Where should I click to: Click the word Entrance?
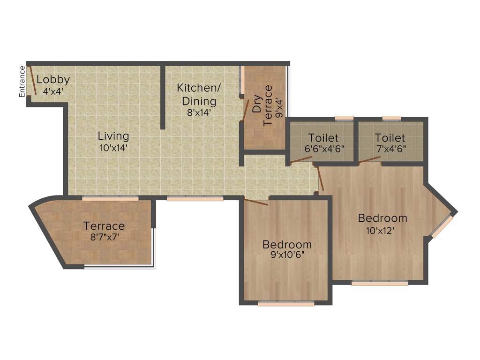coord(22,82)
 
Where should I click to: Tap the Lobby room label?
coord(53,80)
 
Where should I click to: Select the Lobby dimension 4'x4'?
coord(53,91)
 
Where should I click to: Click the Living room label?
coord(113,136)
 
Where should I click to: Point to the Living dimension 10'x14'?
coord(113,148)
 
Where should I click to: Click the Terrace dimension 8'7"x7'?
coord(104,237)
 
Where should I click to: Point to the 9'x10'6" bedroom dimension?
coord(287,256)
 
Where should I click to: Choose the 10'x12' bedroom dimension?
coord(382,230)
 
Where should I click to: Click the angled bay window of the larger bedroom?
coord(442,226)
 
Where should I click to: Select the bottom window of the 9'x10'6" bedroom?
coord(286,304)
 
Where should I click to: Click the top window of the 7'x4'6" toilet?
coord(391,118)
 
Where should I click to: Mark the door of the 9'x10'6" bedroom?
coord(256,202)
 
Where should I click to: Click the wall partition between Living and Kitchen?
coord(163,97)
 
